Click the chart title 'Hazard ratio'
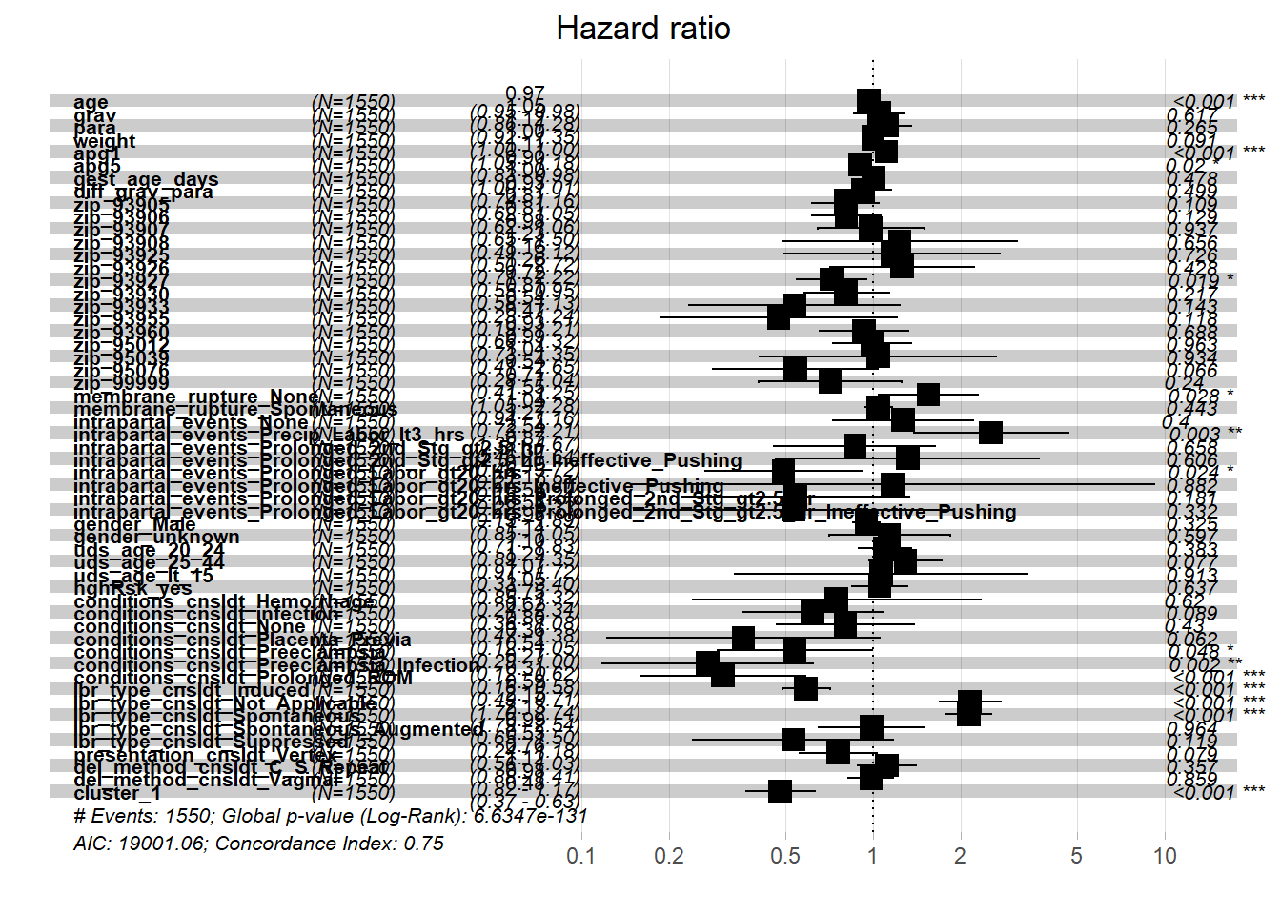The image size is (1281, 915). (x=643, y=29)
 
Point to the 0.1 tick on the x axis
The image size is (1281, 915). (x=580, y=856)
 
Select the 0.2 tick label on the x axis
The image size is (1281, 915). (x=669, y=856)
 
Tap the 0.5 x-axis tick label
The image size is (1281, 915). (x=784, y=856)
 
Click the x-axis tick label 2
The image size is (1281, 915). (x=960, y=856)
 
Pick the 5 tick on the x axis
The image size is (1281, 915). (x=1076, y=856)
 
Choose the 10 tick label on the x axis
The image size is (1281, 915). (x=1165, y=856)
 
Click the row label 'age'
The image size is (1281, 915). (x=91, y=102)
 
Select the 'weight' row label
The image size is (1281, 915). (x=104, y=141)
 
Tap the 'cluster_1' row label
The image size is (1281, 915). (x=116, y=793)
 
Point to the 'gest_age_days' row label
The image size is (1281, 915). (x=146, y=179)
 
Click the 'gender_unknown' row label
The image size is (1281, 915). (x=156, y=538)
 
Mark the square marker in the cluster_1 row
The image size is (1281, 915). (x=780, y=791)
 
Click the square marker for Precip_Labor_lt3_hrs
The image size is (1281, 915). (x=990, y=433)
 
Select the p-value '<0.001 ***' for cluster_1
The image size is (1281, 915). (x=1219, y=792)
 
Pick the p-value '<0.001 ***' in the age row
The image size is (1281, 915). (x=1219, y=101)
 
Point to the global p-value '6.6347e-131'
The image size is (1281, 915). (x=531, y=816)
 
